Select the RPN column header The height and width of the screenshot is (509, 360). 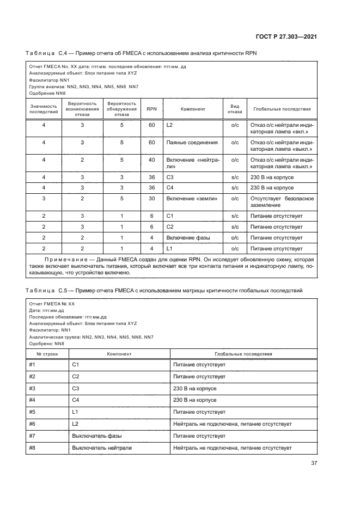(x=151, y=109)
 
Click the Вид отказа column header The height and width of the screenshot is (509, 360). (x=235, y=109)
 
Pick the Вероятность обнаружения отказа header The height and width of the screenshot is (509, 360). (x=122, y=109)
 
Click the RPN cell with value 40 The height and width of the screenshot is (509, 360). (x=151, y=160)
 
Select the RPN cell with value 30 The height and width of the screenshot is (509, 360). (x=151, y=199)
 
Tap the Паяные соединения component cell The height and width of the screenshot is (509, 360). (x=192, y=143)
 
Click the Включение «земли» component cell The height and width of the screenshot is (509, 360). (x=192, y=199)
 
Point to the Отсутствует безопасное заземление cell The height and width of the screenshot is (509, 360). (x=282, y=202)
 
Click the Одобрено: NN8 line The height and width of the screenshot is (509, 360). (x=47, y=344)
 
